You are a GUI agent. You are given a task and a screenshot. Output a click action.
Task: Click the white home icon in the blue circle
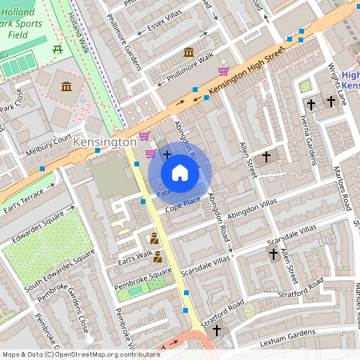(180, 173)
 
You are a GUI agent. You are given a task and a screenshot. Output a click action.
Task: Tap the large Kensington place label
(104, 142)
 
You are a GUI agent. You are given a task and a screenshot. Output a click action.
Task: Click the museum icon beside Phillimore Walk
(189, 52)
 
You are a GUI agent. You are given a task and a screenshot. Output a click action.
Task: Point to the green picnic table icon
(57, 50)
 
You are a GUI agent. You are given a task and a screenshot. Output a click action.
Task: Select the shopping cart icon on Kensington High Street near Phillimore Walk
(223, 70)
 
